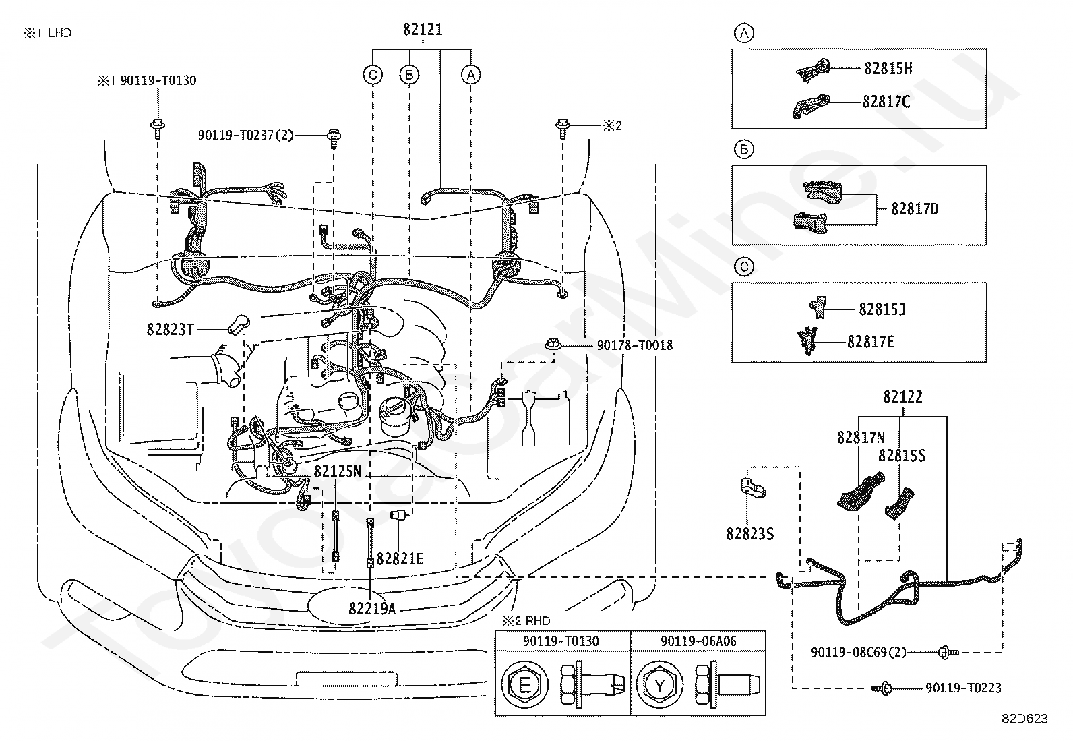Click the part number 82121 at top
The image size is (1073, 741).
pyautogui.click(x=423, y=30)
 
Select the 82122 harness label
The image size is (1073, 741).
pyautogui.click(x=902, y=397)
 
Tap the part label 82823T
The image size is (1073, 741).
pyautogui.click(x=170, y=329)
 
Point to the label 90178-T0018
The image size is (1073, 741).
pyautogui.click(x=634, y=345)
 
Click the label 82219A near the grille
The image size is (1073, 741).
pyautogui.click(x=372, y=608)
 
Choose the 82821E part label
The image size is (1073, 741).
pyautogui.click(x=400, y=558)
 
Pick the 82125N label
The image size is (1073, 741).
pyautogui.click(x=337, y=471)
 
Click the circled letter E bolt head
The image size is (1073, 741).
pyautogui.click(x=524, y=685)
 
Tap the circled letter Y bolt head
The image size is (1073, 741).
pyautogui.click(x=660, y=685)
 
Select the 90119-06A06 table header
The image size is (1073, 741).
pyautogui.click(x=698, y=641)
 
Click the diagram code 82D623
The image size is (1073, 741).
pyautogui.click(x=1024, y=719)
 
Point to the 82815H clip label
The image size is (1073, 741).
pyautogui.click(x=888, y=69)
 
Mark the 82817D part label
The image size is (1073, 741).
pyautogui.click(x=915, y=209)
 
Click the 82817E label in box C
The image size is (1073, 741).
pyautogui.click(x=870, y=342)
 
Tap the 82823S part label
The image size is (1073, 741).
pyautogui.click(x=749, y=533)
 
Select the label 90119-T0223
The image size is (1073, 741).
pyautogui.click(x=963, y=688)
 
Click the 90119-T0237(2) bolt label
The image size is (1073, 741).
pyautogui.click(x=246, y=135)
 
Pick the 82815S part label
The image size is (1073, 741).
pyautogui.click(x=902, y=455)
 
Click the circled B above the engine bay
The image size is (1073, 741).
pyautogui.click(x=409, y=75)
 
